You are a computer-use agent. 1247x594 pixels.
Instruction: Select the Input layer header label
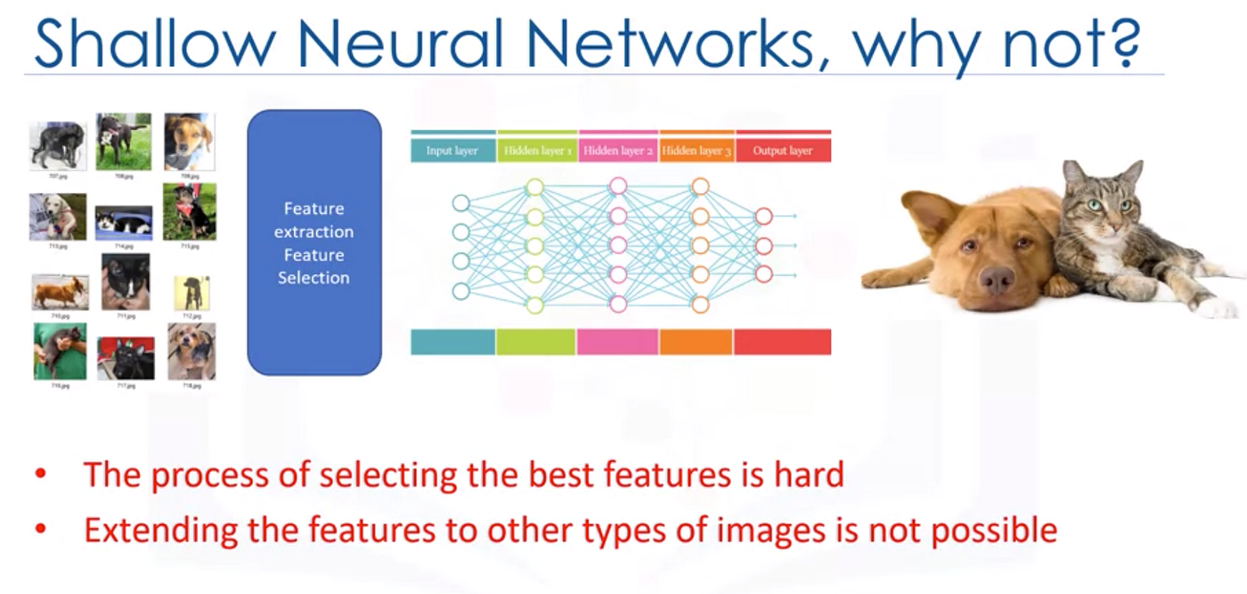[452, 151]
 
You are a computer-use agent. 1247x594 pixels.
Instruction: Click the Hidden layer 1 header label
[537, 151]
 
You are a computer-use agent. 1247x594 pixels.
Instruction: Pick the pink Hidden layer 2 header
[618, 151]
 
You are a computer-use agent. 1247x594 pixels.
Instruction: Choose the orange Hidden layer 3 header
[697, 151]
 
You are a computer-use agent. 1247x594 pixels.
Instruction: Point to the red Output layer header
[782, 151]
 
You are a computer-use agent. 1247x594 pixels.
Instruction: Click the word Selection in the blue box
[314, 278]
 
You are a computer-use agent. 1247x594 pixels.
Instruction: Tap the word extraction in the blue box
[314, 232]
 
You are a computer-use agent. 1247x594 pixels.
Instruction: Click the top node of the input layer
[460, 203]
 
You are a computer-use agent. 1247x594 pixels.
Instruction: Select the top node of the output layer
[763, 216]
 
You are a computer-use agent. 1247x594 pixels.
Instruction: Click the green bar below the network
[535, 342]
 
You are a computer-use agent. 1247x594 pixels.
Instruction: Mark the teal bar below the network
[452, 342]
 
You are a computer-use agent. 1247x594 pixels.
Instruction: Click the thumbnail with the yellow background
[192, 292]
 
